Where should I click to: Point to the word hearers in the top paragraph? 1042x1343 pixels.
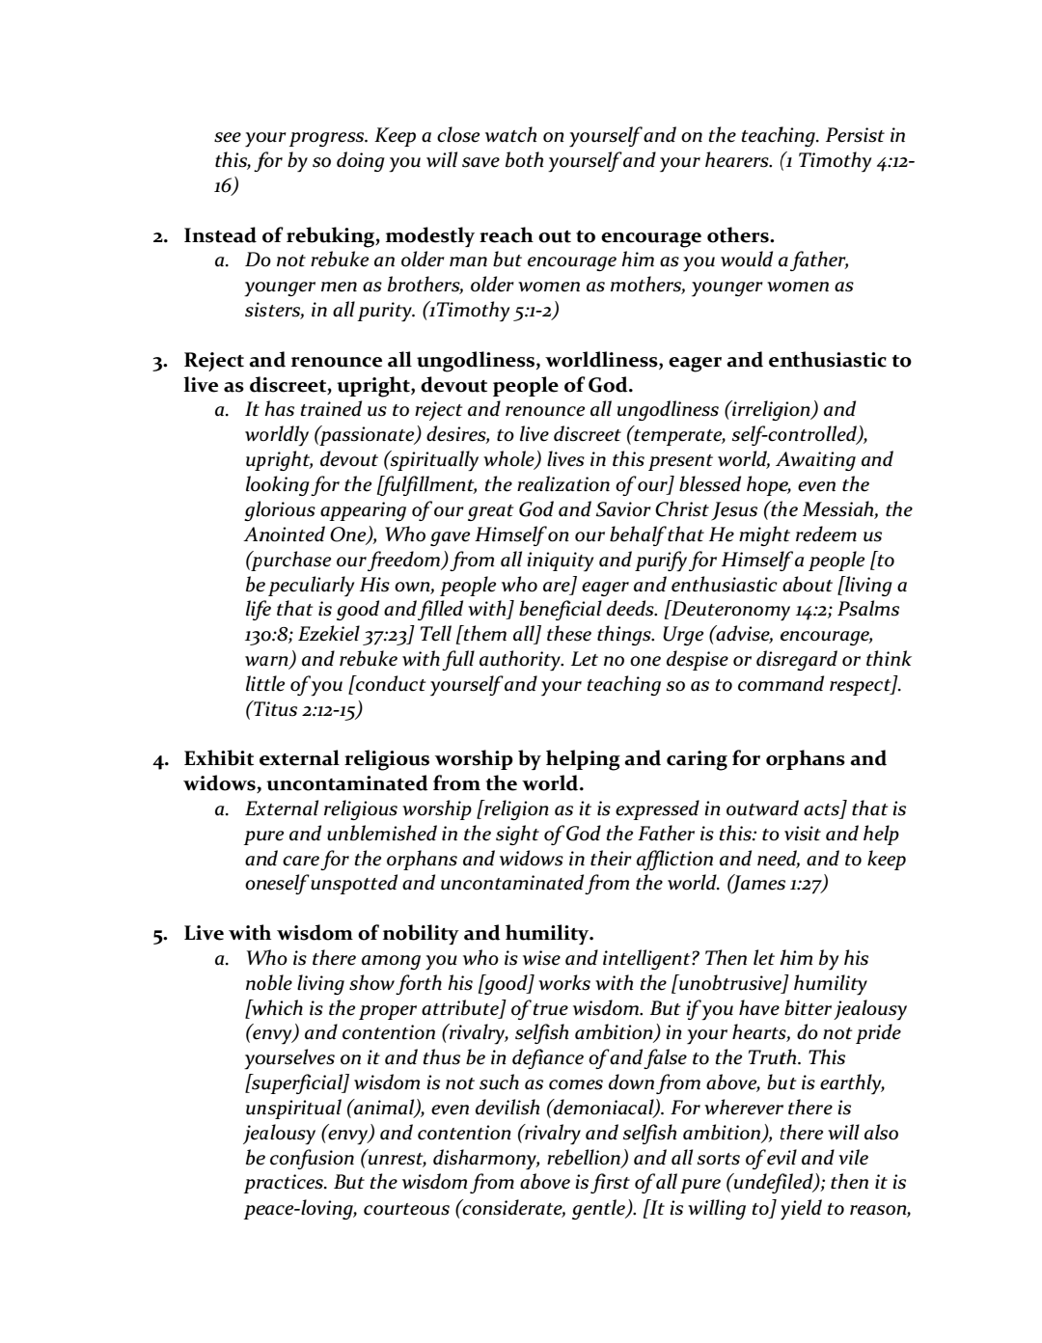coord(736,161)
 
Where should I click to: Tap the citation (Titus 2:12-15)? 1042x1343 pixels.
coord(304,710)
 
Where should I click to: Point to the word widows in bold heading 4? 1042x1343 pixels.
coord(217,784)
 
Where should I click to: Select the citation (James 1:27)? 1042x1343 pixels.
coord(777,885)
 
